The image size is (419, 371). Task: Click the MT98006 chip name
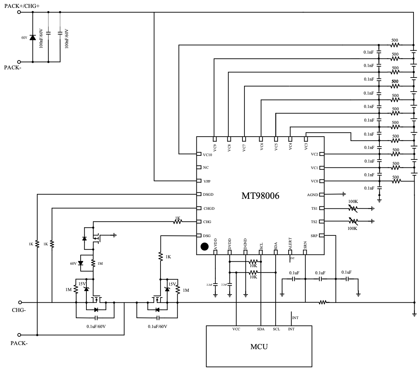click(260, 196)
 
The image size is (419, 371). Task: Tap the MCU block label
click(259, 347)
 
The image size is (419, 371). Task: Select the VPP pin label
click(207, 181)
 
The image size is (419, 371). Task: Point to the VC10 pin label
click(208, 154)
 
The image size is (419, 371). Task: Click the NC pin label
click(206, 168)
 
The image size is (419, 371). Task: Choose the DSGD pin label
click(208, 195)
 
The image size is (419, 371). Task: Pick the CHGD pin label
click(209, 208)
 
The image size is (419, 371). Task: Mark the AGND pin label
click(312, 195)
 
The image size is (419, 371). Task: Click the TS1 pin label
click(314, 208)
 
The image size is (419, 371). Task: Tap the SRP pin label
click(314, 235)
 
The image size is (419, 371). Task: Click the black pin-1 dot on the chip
click(205, 246)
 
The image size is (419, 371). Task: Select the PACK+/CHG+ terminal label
click(22, 5)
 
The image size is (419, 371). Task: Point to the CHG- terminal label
click(19, 310)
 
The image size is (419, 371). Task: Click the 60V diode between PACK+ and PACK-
click(33, 37)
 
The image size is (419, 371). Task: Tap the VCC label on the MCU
click(236, 329)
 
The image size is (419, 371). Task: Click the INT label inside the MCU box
click(291, 329)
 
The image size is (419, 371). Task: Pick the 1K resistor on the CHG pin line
click(178, 222)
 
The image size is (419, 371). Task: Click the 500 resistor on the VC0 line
click(396, 181)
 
